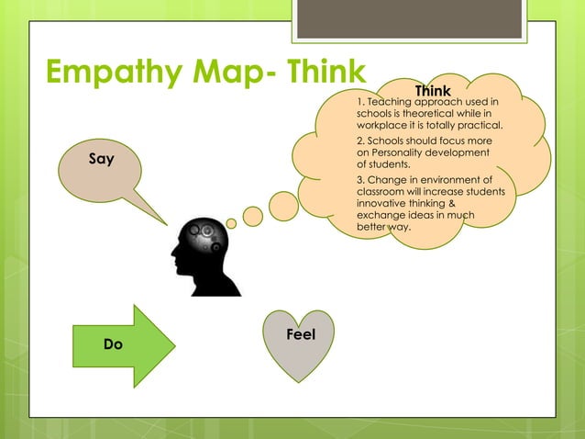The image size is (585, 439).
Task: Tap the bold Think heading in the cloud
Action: tap(433, 91)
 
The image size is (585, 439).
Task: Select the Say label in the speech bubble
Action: tap(102, 159)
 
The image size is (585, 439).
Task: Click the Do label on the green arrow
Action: tap(112, 344)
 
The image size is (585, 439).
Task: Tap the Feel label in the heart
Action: tap(301, 335)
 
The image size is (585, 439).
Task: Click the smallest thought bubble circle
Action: tap(232, 223)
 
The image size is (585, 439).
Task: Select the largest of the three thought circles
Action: tap(283, 206)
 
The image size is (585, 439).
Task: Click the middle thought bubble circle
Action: tap(253, 217)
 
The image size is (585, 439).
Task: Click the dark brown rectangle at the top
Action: tap(409, 19)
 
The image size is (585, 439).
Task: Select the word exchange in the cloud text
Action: tap(381, 214)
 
